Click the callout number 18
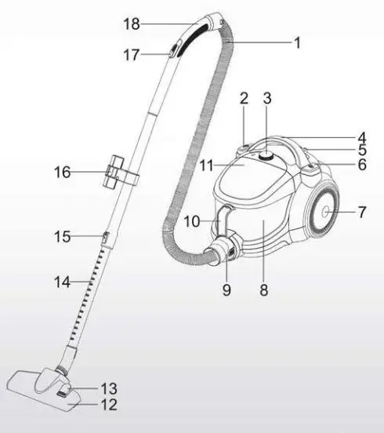(x=132, y=24)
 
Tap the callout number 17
(x=132, y=55)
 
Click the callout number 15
(x=62, y=236)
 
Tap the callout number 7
(x=361, y=213)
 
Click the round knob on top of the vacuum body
(x=267, y=156)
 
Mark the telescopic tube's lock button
(x=103, y=235)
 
